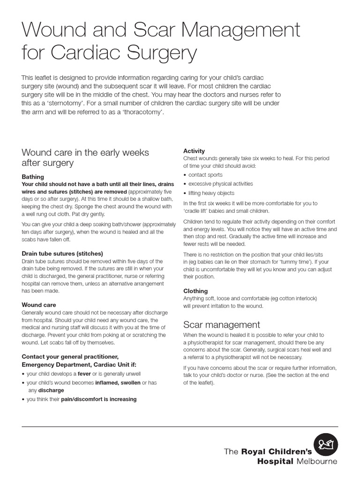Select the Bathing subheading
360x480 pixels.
coord(33,177)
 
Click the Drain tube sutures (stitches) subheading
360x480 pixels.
coord(62,254)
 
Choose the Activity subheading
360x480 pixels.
coord(194,151)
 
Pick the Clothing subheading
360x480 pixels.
coord(195,291)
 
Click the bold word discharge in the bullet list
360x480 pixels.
coord(51,390)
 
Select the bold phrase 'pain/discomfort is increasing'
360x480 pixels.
coord(99,399)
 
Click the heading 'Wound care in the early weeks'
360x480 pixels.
coord(85,152)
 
